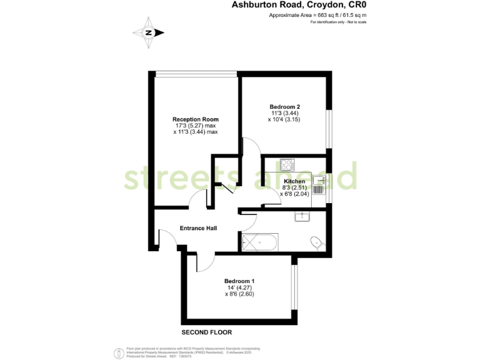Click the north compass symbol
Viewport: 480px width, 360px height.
(149, 33)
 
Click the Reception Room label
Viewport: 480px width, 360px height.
(196, 119)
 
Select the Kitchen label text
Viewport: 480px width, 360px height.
(294, 181)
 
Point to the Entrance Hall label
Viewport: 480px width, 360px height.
(198, 228)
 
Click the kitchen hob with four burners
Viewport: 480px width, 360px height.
(287, 165)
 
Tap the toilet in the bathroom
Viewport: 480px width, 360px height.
(316, 242)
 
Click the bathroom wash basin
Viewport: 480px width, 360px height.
(302, 216)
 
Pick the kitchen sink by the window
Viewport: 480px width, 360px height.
(319, 184)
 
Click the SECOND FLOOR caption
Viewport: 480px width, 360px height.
(207, 332)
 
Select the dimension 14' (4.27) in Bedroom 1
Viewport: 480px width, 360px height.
(239, 287)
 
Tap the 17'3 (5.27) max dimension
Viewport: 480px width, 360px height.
(196, 126)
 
